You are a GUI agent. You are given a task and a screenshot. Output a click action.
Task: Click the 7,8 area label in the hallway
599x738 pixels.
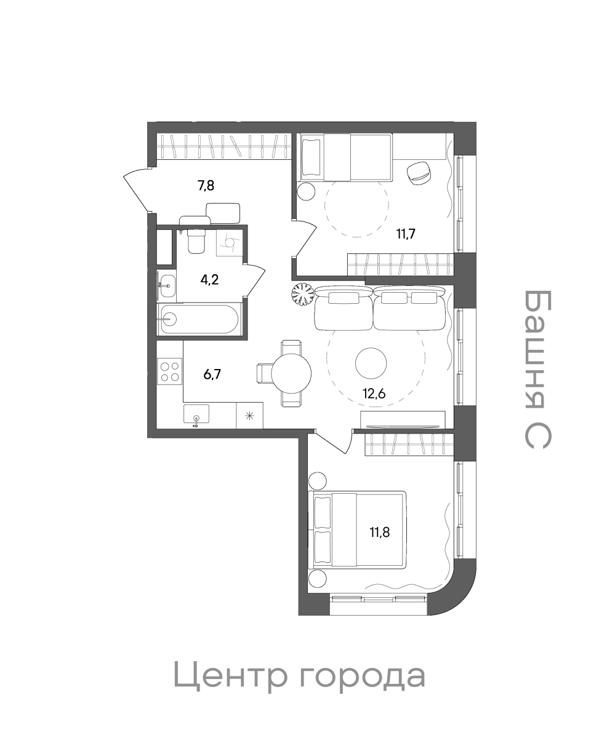coord(206,186)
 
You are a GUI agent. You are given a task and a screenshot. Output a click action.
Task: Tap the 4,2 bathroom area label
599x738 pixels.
coord(209,279)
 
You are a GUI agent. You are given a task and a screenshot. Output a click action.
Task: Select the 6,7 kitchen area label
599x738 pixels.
coord(212,374)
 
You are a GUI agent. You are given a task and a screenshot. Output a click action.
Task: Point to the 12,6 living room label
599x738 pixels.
coord(374,394)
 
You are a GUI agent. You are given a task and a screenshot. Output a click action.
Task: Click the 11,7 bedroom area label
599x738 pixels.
coord(406,234)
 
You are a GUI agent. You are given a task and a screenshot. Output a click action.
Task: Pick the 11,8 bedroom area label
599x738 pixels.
coord(379,532)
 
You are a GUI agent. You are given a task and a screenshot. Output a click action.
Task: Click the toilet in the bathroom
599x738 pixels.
coord(196,241)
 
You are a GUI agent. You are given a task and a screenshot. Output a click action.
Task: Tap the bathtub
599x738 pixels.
coord(198,319)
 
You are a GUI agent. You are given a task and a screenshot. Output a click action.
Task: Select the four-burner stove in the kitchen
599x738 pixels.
coord(170,371)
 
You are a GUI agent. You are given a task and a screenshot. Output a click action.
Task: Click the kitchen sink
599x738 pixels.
coord(196,414)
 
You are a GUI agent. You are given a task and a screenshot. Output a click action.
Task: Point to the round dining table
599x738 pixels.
coord(291,373)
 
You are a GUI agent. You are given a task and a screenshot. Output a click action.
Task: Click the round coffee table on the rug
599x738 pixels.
coord(371,363)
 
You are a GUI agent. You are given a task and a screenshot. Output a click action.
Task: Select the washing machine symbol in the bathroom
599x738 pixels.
coord(229,243)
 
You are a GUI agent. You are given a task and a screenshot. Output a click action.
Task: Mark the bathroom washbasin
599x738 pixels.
coord(168,285)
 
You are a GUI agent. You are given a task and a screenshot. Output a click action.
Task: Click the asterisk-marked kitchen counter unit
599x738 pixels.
coord(249,415)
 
